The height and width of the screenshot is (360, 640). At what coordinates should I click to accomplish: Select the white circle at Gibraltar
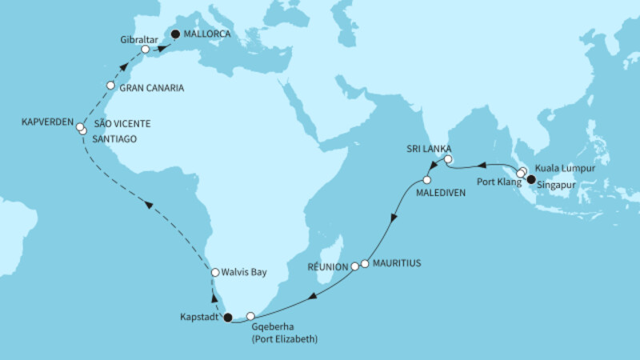point(145,50)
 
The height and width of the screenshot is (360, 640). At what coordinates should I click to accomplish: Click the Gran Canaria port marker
point(110,86)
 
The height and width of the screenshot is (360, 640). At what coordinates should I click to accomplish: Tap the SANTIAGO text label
point(117,139)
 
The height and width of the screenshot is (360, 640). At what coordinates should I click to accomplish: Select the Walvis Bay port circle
point(214,273)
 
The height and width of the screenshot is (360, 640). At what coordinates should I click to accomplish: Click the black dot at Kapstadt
point(227,318)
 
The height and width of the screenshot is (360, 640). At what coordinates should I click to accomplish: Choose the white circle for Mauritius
point(365,262)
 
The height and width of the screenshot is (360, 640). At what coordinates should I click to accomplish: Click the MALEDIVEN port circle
point(426,180)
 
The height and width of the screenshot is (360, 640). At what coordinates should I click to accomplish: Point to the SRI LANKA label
point(429,150)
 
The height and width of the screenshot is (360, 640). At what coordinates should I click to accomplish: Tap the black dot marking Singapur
point(530,180)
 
